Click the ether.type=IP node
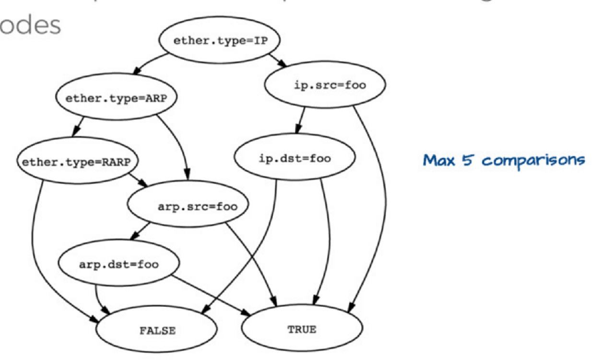click(x=220, y=40)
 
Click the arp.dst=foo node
click(x=118, y=264)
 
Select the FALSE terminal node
click(x=157, y=330)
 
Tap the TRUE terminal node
click(x=302, y=330)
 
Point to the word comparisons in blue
click(x=533, y=160)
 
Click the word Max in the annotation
click(x=439, y=160)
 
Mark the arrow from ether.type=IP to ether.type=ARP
click(x=150, y=62)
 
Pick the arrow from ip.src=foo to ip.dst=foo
click(x=300, y=120)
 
